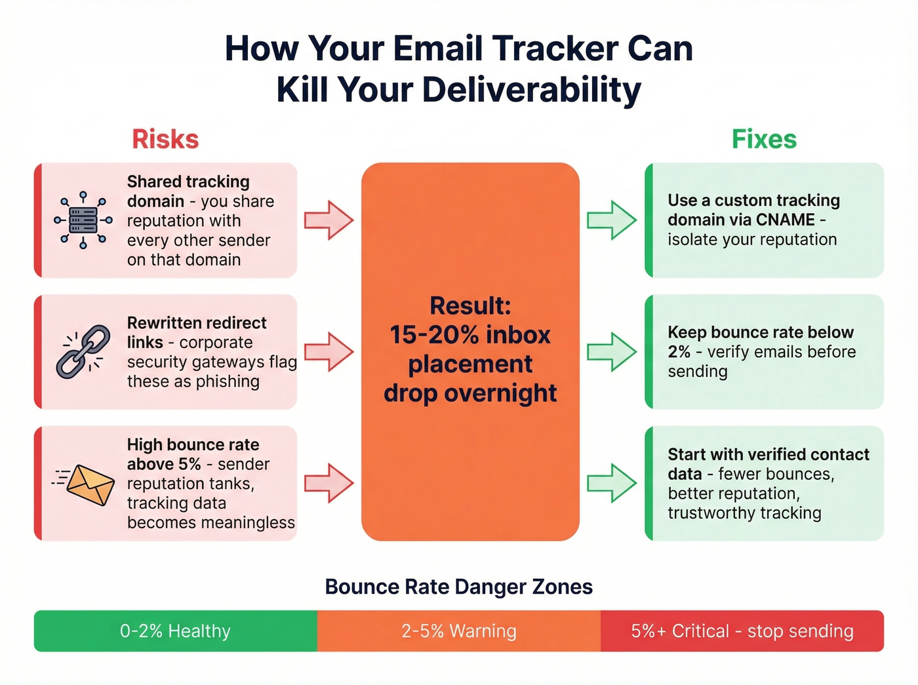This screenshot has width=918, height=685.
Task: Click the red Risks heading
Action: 165,139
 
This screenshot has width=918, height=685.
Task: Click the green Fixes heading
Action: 764,139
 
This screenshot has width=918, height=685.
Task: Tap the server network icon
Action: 83,220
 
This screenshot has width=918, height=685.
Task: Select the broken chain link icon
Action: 83,352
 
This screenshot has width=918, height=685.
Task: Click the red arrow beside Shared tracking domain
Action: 329,220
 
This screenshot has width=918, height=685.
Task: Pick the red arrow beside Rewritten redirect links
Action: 329,352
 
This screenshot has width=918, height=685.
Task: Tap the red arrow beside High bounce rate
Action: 329,484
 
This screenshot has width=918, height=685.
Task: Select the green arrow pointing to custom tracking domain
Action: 612,220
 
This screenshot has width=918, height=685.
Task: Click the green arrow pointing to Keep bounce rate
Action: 612,352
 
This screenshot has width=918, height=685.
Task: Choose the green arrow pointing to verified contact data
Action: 612,484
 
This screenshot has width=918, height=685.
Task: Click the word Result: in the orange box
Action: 470,305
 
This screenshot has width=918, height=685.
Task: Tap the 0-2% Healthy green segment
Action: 175,631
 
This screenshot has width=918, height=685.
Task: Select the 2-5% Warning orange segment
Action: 459,631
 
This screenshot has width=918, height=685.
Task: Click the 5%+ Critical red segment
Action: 742,631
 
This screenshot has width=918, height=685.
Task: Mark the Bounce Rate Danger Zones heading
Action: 459,587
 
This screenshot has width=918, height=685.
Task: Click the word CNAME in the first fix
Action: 786,220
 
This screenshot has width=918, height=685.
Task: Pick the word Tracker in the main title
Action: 554,49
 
